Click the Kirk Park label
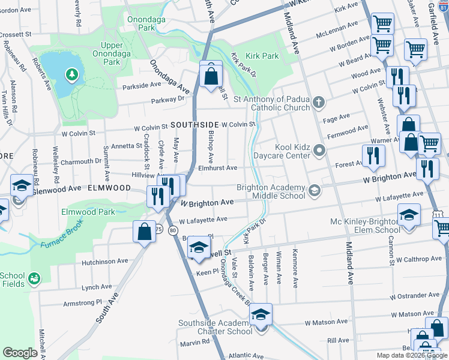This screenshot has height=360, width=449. click(262, 56)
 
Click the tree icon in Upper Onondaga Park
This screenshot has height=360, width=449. click(72, 74)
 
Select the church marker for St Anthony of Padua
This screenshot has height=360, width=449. click(318, 103)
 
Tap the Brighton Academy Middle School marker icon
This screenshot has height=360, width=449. click(313, 191)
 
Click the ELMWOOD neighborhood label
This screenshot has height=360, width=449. click(110, 188)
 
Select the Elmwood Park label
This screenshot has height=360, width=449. click(88, 212)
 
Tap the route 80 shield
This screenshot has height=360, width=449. click(173, 230)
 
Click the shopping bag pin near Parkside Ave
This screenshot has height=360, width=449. click(211, 76)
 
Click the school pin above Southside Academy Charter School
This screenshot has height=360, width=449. click(261, 316)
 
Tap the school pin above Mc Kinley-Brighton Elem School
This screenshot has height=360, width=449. click(409, 215)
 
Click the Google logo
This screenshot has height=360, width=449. click(20, 353)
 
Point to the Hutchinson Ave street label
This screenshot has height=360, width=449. click(106, 262)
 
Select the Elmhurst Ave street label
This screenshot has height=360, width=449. click(218, 169)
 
